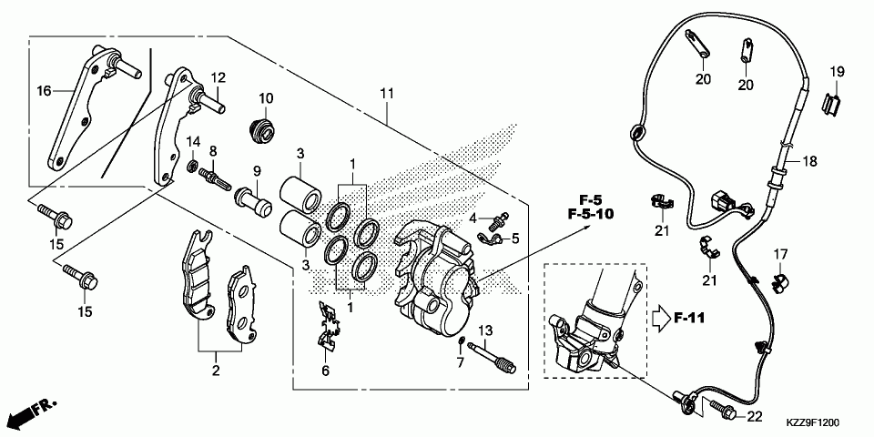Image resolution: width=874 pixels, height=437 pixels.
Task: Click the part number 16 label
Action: (43, 90)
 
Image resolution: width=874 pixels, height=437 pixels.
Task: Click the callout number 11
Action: (386, 94)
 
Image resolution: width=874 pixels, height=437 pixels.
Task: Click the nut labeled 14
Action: (193, 167)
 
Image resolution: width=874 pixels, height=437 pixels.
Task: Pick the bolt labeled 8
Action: (218, 172)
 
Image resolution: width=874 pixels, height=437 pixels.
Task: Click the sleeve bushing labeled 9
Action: (254, 198)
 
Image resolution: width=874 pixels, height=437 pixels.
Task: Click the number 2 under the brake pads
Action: (216, 370)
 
